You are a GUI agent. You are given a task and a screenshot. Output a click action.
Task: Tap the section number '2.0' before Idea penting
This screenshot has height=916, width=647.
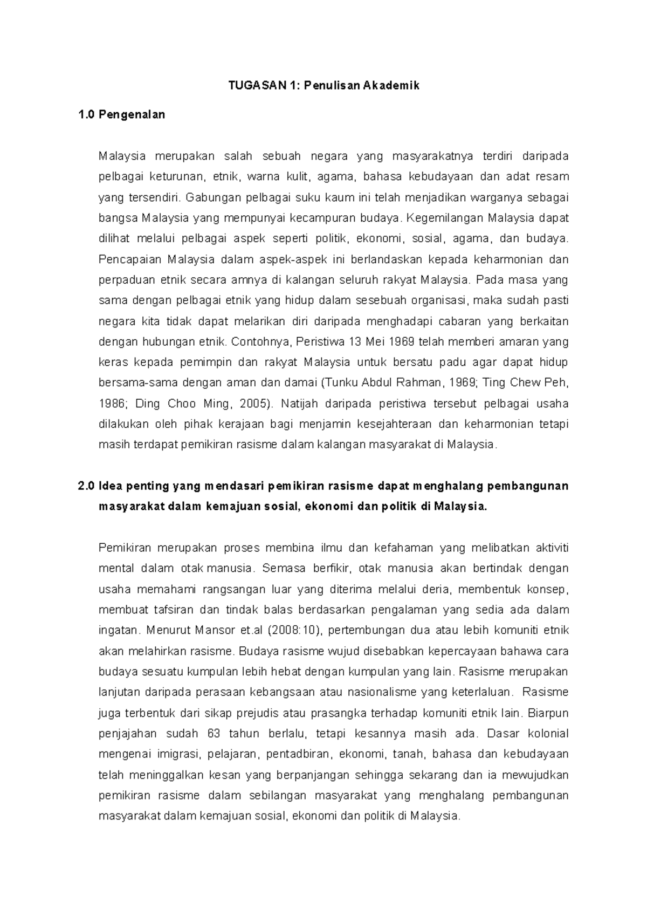pos(86,486)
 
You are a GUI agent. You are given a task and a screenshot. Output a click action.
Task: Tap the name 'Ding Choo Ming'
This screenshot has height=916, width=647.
pos(200,404)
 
